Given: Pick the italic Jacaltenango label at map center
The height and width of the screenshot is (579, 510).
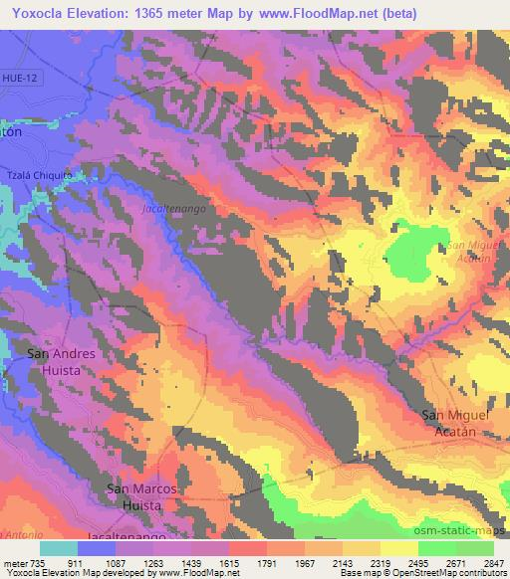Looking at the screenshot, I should point(174,211).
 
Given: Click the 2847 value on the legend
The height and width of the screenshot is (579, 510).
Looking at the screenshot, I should point(493,563).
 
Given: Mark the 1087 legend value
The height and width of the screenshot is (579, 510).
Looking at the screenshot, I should point(116,563).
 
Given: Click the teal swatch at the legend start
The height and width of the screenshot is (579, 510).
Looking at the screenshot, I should point(59,548).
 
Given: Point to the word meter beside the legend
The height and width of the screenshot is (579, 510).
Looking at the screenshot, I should point(15,563).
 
